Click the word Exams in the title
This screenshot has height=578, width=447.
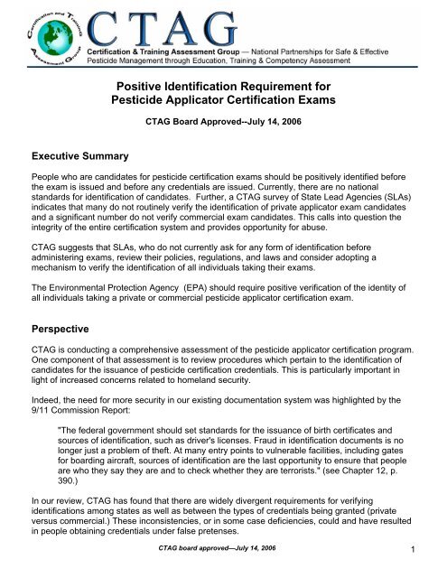pyautogui.click(x=304, y=101)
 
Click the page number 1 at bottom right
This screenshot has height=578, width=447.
pyautogui.click(x=433, y=565)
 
